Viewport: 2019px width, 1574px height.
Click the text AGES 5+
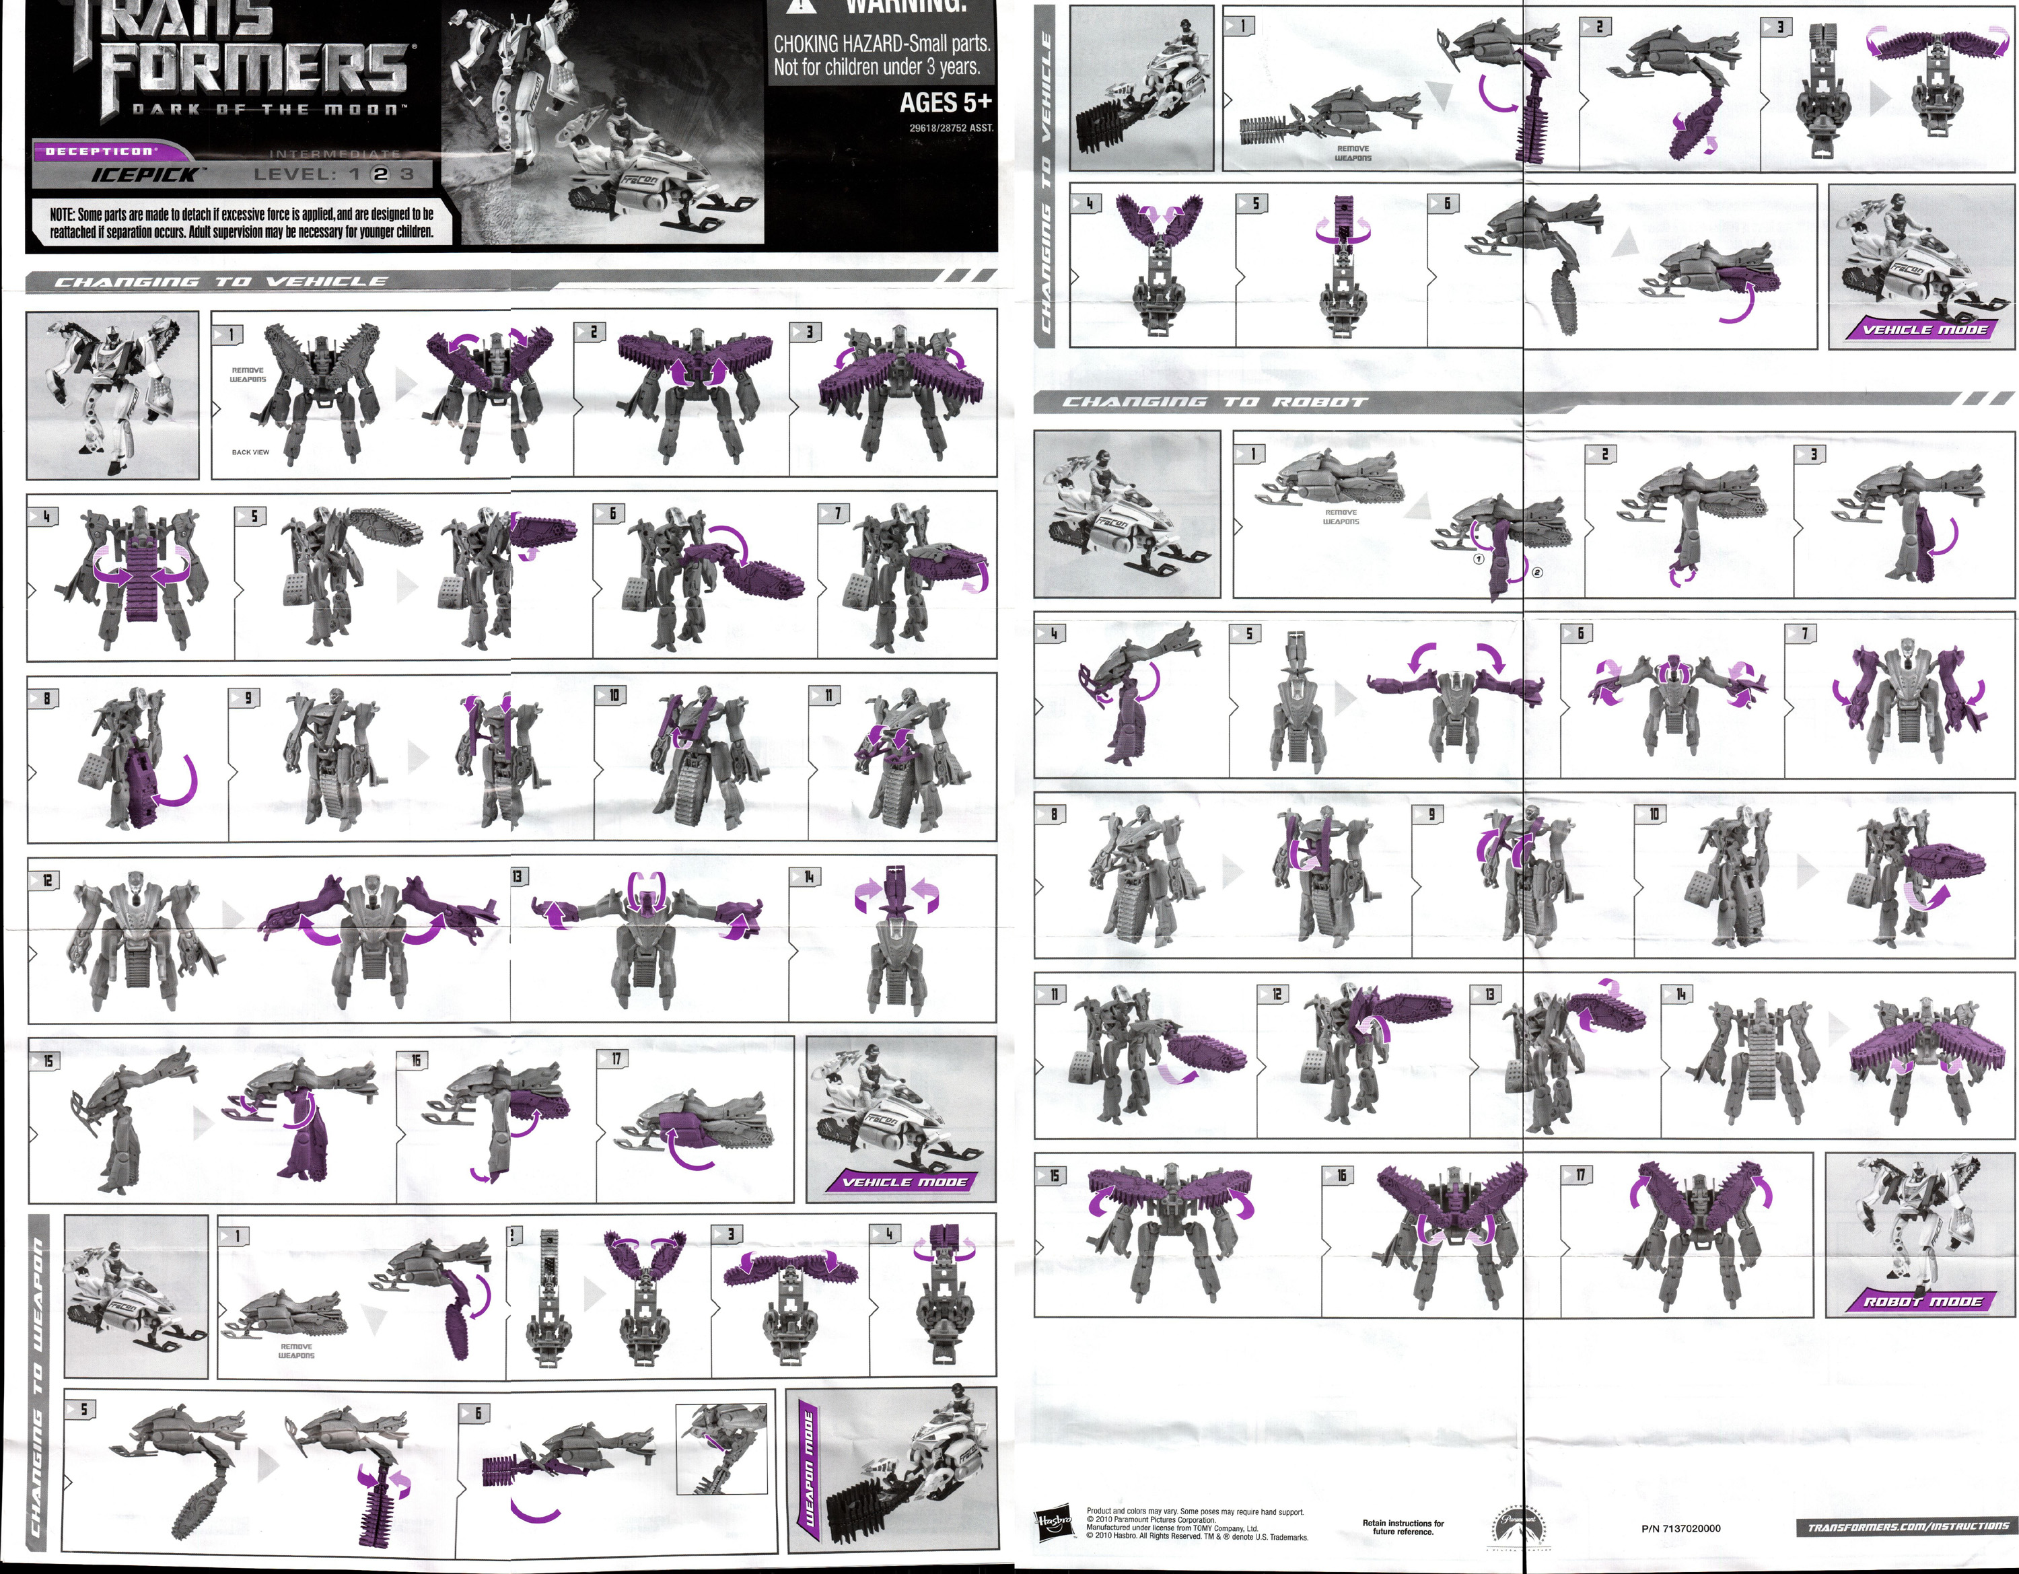click(x=945, y=102)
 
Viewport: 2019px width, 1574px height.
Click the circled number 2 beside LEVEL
click(x=380, y=174)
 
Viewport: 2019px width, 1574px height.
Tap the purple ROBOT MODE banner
click(x=1923, y=1301)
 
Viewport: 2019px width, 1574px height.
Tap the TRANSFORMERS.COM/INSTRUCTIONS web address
click(x=1907, y=1527)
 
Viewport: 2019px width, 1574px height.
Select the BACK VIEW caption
click(x=250, y=452)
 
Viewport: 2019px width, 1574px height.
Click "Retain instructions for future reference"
click(x=1403, y=1527)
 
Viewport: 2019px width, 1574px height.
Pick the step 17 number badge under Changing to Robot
click(x=1575, y=1176)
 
